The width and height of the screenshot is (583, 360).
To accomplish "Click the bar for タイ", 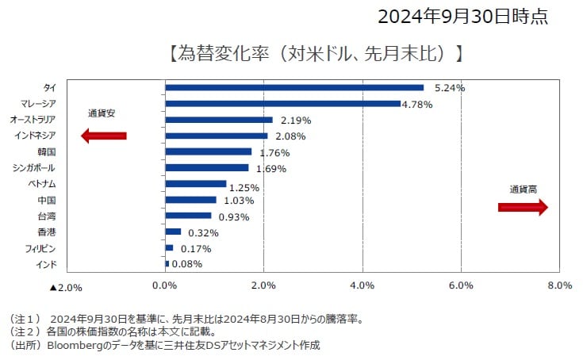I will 293,87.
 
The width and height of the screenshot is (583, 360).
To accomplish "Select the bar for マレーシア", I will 282,103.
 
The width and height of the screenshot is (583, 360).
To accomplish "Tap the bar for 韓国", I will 208,151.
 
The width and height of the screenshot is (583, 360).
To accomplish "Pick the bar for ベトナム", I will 195,184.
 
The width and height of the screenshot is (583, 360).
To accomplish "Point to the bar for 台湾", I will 188,216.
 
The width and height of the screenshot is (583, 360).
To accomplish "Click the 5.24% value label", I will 449,88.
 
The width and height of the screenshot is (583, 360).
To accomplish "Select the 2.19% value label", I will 296,121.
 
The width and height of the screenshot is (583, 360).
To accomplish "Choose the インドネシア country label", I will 35,136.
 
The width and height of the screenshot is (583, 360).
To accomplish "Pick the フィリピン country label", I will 40,248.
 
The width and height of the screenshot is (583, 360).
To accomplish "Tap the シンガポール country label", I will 34,167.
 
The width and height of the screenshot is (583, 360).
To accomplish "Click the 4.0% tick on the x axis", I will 362,285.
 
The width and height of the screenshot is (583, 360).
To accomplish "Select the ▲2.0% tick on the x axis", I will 66,286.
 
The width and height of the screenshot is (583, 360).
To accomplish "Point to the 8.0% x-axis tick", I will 559,285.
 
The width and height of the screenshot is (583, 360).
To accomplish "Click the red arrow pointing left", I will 104,136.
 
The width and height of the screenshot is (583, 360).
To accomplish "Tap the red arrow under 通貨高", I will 523,207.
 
